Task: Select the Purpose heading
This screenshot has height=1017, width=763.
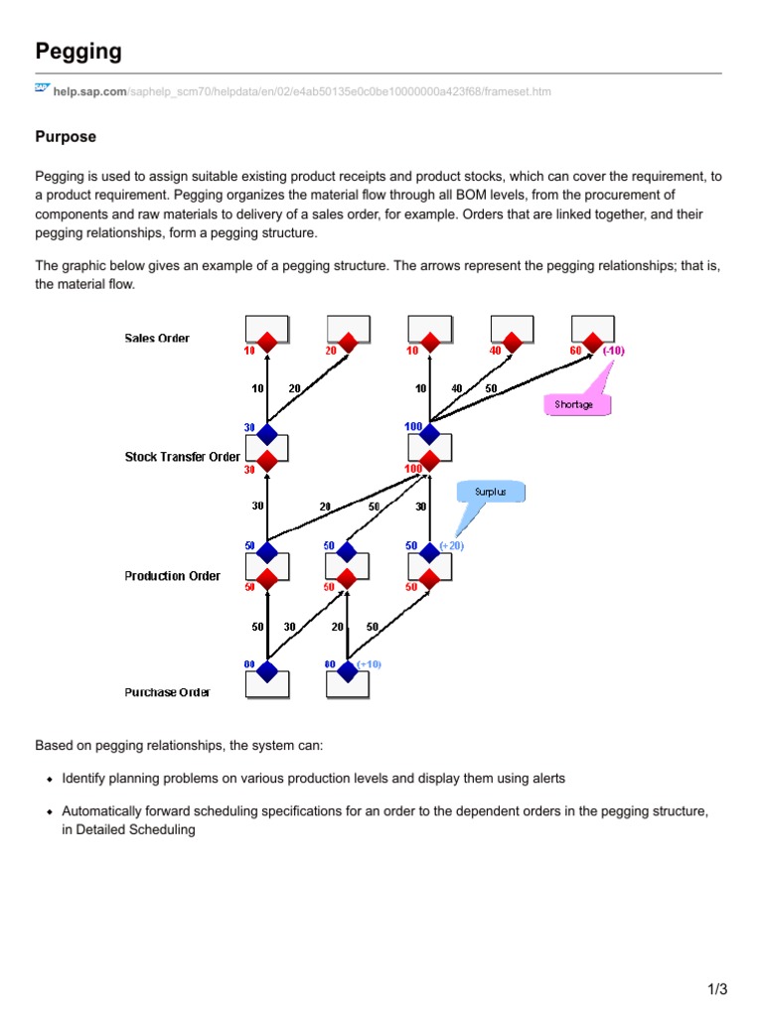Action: pyautogui.click(x=66, y=136)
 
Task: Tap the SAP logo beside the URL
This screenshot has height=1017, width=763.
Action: pyautogui.click(x=42, y=89)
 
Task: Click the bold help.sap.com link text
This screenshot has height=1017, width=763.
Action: pyautogui.click(x=90, y=92)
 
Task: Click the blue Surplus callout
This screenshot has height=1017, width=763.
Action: pyautogui.click(x=489, y=492)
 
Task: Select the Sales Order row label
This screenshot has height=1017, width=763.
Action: pyautogui.click(x=157, y=339)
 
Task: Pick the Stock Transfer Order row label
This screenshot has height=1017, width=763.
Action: pyautogui.click(x=182, y=457)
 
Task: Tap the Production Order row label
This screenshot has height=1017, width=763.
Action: pyautogui.click(x=173, y=576)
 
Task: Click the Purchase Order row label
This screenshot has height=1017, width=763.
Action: pyautogui.click(x=167, y=692)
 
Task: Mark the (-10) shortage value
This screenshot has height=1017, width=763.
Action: pyautogui.click(x=612, y=351)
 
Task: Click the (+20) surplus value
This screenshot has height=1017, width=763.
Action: pyautogui.click(x=452, y=546)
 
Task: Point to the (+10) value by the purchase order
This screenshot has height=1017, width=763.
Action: pyautogui.click(x=370, y=663)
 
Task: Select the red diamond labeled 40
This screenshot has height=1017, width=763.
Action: pyautogui.click(x=511, y=342)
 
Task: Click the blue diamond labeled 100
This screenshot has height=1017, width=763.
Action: pyautogui.click(x=429, y=434)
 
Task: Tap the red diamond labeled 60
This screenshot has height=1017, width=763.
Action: pyautogui.click(x=592, y=342)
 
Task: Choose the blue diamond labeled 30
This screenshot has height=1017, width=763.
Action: pyautogui.click(x=266, y=434)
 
